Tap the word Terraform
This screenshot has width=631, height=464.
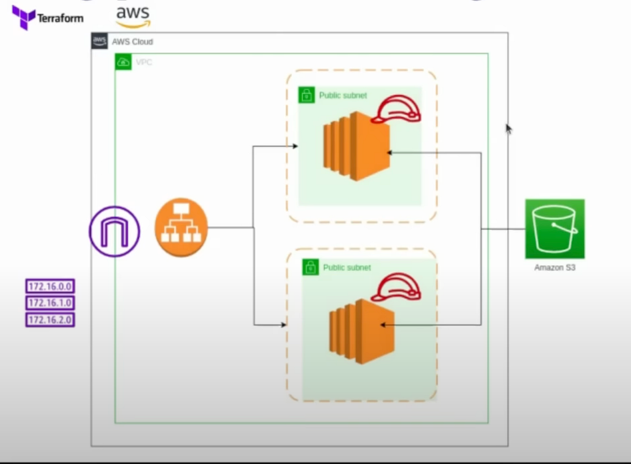click(x=60, y=18)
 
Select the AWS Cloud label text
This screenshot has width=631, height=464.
click(x=133, y=42)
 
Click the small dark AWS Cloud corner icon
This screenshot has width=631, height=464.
click(x=99, y=41)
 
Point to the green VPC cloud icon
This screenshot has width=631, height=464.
click(x=124, y=62)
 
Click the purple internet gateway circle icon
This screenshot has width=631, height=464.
click(x=114, y=231)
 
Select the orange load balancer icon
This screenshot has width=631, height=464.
click(x=181, y=228)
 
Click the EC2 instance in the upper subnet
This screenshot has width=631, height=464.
click(x=357, y=146)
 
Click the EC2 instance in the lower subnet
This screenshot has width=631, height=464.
click(x=362, y=331)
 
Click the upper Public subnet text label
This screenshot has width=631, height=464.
click(x=343, y=96)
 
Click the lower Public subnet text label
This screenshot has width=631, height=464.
click(x=347, y=268)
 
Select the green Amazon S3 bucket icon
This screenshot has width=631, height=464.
click(x=555, y=229)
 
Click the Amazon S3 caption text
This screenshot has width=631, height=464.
click(x=555, y=267)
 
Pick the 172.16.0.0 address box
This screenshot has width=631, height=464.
click(x=50, y=287)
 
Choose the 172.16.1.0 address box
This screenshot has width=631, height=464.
click(x=50, y=303)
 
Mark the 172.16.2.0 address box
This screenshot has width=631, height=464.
click(x=50, y=319)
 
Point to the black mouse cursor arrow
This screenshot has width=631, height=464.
click(x=508, y=129)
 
